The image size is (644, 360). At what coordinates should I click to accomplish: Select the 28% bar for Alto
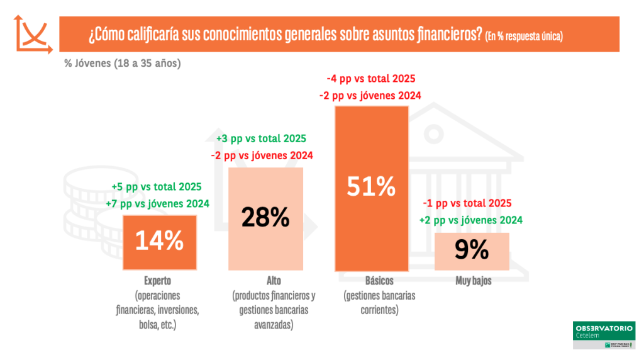pos(265,218)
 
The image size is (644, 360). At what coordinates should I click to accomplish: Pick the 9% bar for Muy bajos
pos(472,251)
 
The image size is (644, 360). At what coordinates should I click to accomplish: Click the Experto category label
pos(157,281)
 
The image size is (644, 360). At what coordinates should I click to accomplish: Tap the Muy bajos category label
pos(474,281)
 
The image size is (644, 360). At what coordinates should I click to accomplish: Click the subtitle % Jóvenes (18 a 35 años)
pos(122,63)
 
